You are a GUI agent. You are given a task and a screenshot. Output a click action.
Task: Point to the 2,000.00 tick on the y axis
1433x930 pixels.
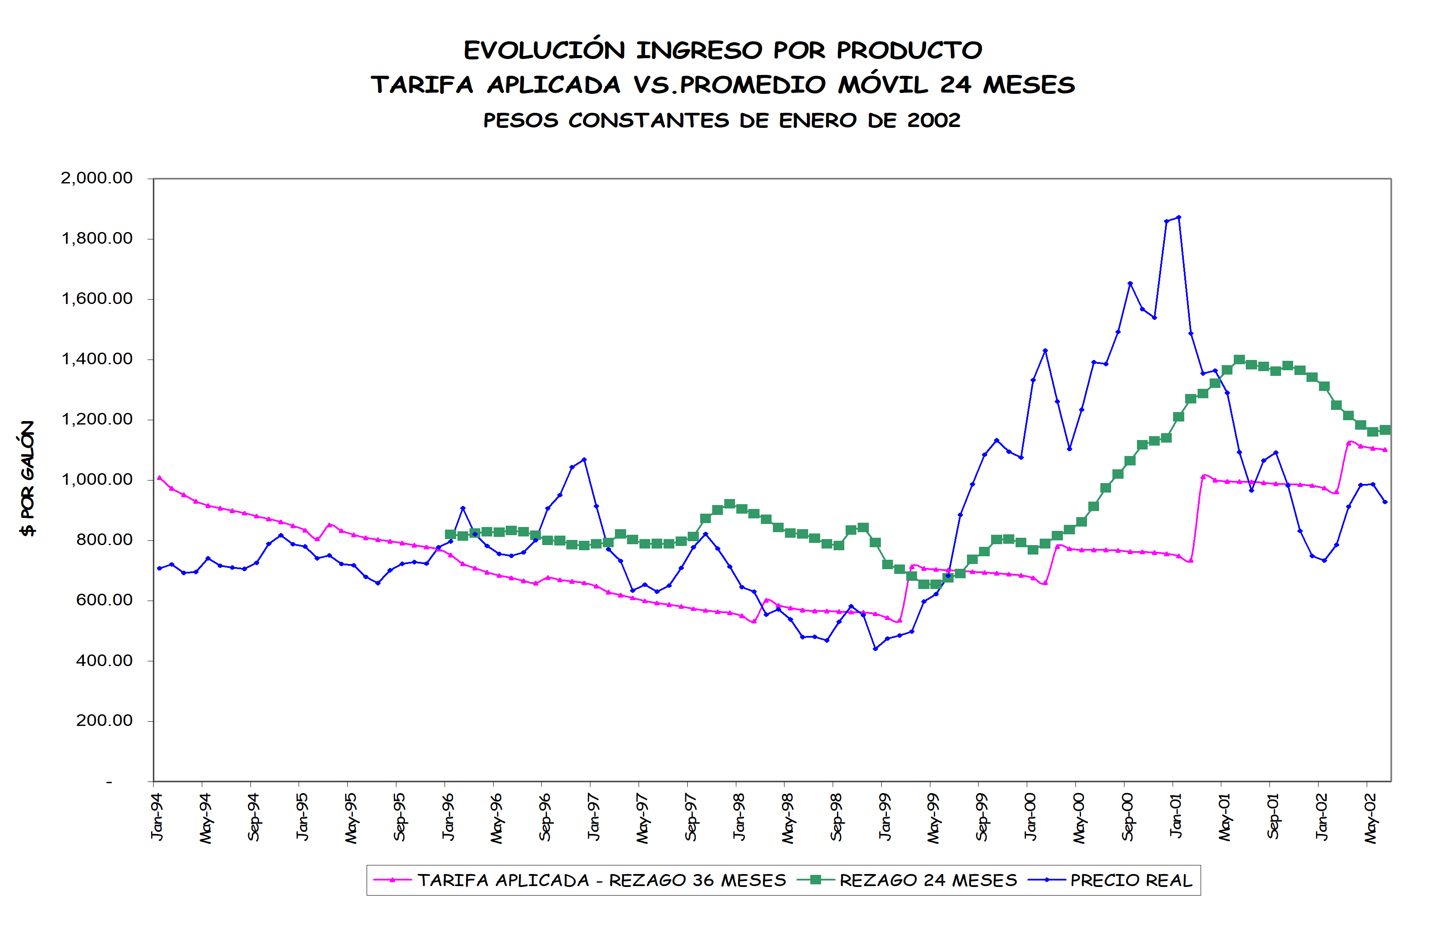point(96,178)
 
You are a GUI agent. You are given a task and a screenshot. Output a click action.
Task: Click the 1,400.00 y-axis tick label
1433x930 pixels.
point(96,359)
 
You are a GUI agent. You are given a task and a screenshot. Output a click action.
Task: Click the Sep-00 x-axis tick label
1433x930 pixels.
point(1127,817)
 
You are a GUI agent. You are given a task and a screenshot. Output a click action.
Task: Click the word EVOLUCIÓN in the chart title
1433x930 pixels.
point(544,50)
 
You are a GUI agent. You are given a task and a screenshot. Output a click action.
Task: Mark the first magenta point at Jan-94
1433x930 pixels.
point(159,477)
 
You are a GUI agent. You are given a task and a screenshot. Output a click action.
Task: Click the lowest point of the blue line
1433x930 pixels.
point(875,649)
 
